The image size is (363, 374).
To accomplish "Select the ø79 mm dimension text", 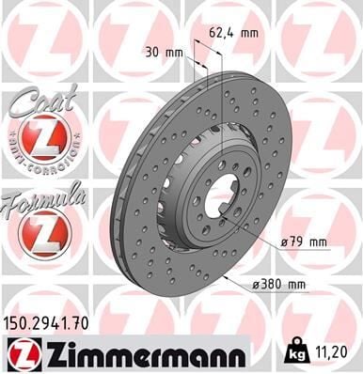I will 304,242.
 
